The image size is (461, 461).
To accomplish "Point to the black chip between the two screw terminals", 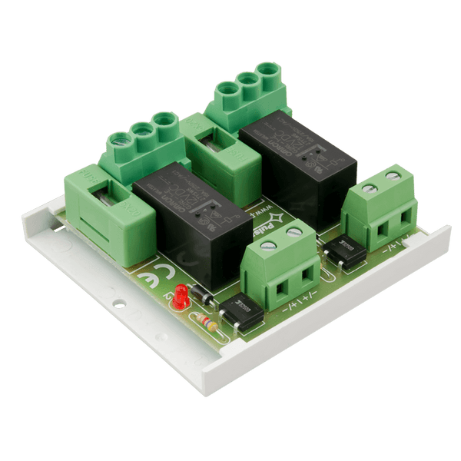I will click(x=343, y=253).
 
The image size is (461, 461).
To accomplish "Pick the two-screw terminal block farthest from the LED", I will click(x=381, y=208).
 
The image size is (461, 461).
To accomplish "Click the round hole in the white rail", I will click(x=119, y=304).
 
